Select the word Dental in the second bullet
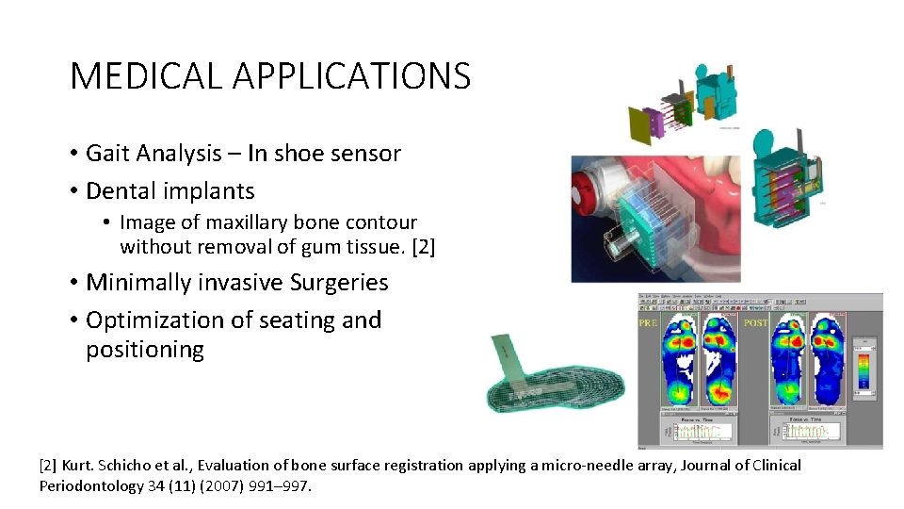point(121,190)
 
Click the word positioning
point(145,350)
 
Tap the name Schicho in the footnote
point(139,465)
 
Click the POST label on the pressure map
point(753,321)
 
